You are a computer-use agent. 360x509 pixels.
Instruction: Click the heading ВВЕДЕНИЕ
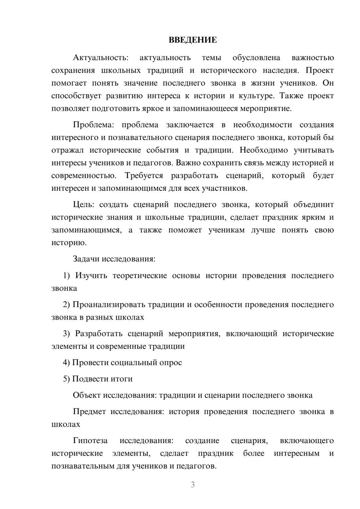click(x=193, y=40)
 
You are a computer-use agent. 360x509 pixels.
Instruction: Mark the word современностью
click(x=84, y=176)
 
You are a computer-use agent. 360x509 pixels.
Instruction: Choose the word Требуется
click(x=144, y=176)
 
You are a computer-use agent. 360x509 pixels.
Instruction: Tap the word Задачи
click(x=86, y=259)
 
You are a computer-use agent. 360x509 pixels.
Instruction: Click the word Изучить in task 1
click(x=91, y=275)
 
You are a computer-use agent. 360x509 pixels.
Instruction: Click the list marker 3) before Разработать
click(x=67, y=333)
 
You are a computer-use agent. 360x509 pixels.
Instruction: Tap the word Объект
click(x=87, y=395)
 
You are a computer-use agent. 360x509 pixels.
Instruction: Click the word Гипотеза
click(x=90, y=441)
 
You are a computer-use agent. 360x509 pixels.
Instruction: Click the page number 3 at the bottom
click(x=193, y=485)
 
